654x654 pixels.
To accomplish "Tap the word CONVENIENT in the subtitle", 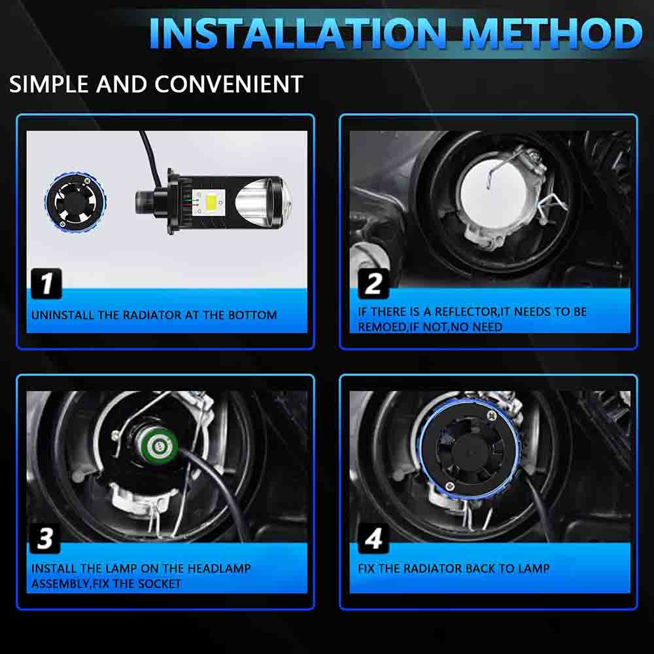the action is tap(228, 84).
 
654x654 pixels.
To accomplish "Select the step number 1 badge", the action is tap(46, 283).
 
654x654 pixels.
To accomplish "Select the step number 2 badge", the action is tap(373, 284).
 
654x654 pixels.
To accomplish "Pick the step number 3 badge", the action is tap(45, 538).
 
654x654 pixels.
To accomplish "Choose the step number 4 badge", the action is tap(373, 538).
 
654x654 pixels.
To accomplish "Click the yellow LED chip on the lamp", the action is tap(209, 202).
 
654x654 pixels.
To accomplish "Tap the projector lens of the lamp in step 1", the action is tap(263, 203).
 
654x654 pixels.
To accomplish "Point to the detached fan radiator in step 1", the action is tap(75, 201).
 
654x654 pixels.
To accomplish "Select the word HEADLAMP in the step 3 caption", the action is tap(219, 568).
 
